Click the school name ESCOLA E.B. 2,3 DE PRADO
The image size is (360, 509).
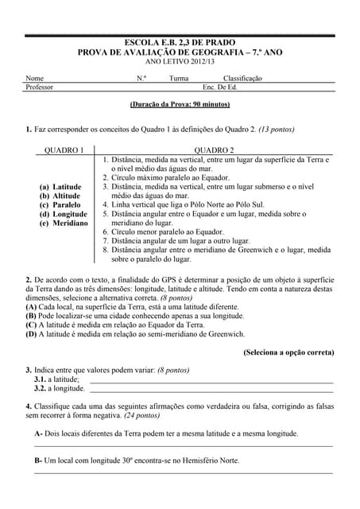point(180,42)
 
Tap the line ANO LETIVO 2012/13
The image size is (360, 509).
point(180,61)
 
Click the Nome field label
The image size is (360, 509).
point(35,79)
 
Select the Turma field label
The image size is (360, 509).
point(179,79)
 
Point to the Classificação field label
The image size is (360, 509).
point(242,79)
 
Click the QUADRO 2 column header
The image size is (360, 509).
point(214,150)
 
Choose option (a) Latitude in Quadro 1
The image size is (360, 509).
point(60,187)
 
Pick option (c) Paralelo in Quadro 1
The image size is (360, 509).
point(60,205)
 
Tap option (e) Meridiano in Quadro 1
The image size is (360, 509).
point(64,223)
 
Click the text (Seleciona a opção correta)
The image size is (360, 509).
point(288,352)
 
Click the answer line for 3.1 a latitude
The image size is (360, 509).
point(211,380)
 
